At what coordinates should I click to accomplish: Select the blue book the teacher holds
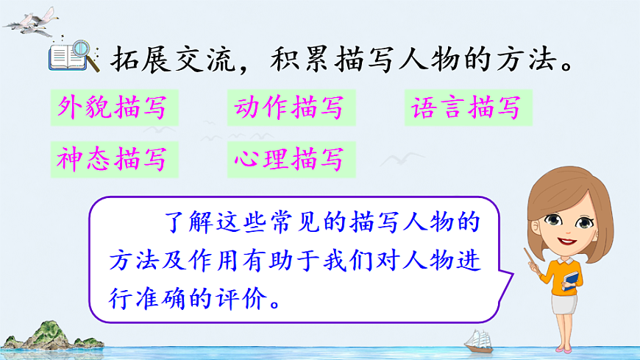point(572,280)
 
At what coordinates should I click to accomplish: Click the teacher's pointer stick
point(535,260)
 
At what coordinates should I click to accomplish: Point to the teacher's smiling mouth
point(566,241)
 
